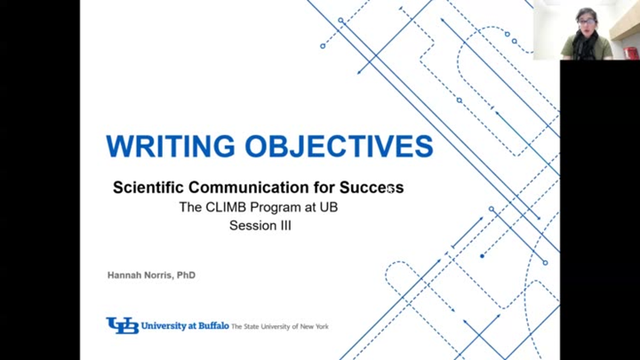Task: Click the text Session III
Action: tap(260, 225)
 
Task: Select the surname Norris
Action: tap(160, 276)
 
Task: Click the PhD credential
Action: tap(186, 276)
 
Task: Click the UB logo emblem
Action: tap(122, 326)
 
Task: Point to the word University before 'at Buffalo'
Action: tap(162, 326)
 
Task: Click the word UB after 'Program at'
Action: tap(328, 207)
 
